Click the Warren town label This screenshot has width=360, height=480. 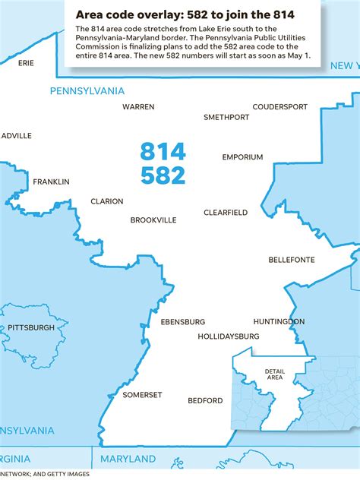[x=138, y=107]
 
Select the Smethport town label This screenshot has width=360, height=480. [x=226, y=118]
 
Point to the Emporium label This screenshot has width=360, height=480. [x=242, y=157]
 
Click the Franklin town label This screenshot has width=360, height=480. [x=51, y=182]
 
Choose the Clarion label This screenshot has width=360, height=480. [x=106, y=201]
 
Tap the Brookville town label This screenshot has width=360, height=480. [x=153, y=220]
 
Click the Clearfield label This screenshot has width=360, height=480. [x=226, y=213]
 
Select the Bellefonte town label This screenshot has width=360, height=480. [x=292, y=260]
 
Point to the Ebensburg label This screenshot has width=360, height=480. [x=183, y=322]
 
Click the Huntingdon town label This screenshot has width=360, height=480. [x=279, y=322]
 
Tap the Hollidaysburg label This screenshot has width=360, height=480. [x=229, y=336]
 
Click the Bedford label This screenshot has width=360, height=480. [x=206, y=400]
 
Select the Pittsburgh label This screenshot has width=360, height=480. [x=31, y=327]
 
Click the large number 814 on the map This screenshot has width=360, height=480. [x=163, y=151]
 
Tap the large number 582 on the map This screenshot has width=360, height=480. [x=163, y=175]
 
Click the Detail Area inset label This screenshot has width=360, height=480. [x=274, y=374]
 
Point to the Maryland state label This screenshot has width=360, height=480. [x=126, y=459]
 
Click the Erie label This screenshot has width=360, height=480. [x=26, y=63]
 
